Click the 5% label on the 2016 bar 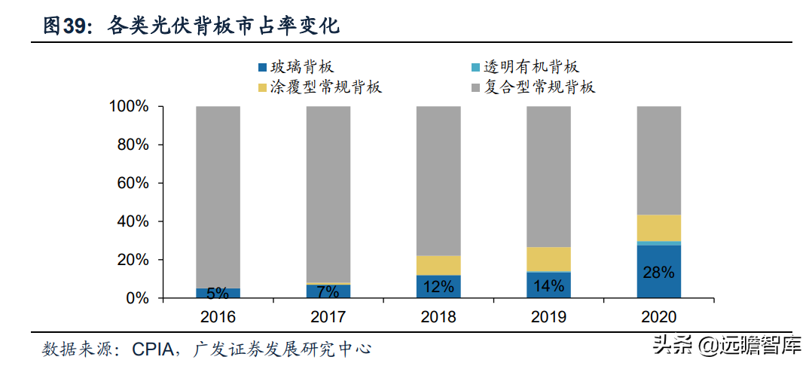[x=218, y=293]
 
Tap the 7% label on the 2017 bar [x=328, y=291]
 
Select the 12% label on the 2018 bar [x=438, y=286]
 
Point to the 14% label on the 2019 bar [x=548, y=285]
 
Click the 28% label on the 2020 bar [x=658, y=273]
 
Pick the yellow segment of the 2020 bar [x=658, y=227]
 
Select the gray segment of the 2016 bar [x=218, y=196]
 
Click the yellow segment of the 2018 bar [x=438, y=265]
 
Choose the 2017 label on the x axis [x=328, y=317]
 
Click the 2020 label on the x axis [x=658, y=317]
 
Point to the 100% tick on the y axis [x=129, y=107]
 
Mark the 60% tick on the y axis [x=133, y=184]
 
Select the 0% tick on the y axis [x=136, y=299]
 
